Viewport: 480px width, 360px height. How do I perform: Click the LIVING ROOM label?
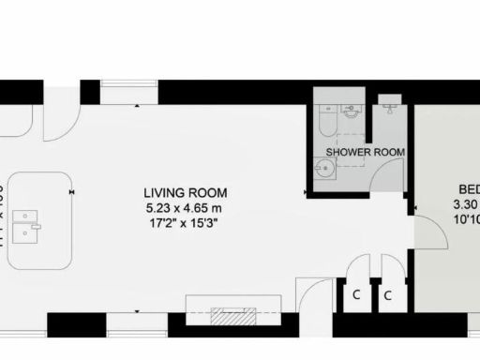coord(186,193)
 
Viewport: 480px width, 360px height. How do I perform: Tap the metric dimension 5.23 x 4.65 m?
coord(186,207)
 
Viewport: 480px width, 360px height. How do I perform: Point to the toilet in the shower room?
coord(327,120)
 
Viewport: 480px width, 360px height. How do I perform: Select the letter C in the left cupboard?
coord(356,294)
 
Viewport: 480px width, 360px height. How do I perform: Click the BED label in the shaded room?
coord(467,186)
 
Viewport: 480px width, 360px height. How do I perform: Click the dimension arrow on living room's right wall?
coord(307,193)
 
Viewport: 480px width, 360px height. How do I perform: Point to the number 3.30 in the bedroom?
coord(466,204)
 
